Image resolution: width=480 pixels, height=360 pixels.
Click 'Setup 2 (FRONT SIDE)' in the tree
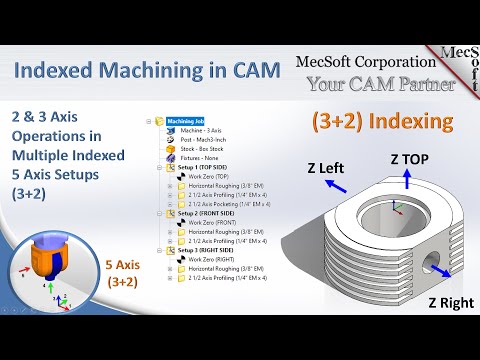coord(206,213)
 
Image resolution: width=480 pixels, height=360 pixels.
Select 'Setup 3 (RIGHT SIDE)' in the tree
coord(206,250)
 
